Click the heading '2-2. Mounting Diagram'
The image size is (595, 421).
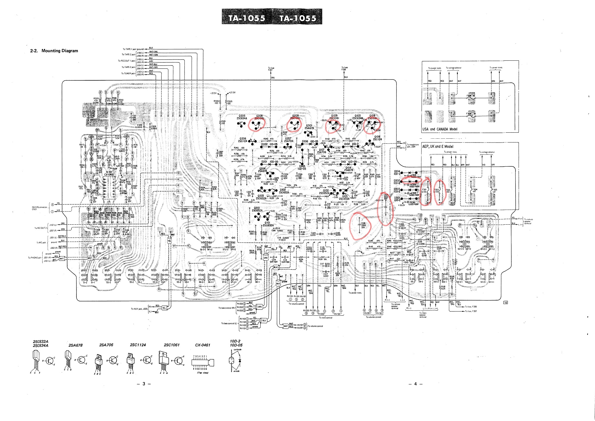coord(54,51)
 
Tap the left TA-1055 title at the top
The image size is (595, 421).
coord(247,18)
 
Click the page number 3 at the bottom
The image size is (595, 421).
coord(144,384)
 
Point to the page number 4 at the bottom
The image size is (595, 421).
coord(416,384)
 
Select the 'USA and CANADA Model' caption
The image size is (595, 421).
coord(440,129)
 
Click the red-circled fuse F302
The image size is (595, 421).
coord(438,192)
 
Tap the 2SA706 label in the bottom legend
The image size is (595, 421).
coord(106,345)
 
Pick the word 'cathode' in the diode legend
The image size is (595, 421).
coord(237,350)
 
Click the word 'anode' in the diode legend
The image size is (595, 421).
coord(237,371)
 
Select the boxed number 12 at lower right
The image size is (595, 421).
coord(505,303)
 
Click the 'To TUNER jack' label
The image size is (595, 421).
coord(128,73)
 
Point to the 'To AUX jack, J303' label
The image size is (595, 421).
coord(139,309)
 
